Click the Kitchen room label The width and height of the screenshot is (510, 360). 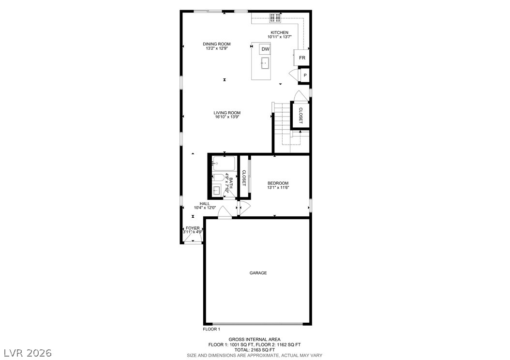click(279, 32)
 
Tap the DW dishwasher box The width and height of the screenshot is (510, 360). click(266, 49)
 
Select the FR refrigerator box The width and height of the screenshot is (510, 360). click(302, 58)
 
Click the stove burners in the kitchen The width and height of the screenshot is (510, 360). click(275, 18)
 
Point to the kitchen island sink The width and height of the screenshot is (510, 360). click(265, 63)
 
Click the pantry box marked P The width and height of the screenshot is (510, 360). click(305, 75)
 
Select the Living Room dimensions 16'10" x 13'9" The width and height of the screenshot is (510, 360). click(227, 117)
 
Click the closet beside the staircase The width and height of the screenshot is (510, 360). click(300, 116)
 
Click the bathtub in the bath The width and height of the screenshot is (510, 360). click(224, 164)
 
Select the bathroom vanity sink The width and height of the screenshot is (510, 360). click(216, 190)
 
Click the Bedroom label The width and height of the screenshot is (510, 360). click(278, 183)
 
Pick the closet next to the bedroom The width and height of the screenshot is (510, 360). click(244, 178)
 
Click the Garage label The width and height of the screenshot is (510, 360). click(258, 273)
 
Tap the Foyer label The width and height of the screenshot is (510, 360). click(193, 228)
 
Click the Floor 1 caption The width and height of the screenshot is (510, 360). click(211, 329)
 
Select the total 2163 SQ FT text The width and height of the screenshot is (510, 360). click(255, 350)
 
